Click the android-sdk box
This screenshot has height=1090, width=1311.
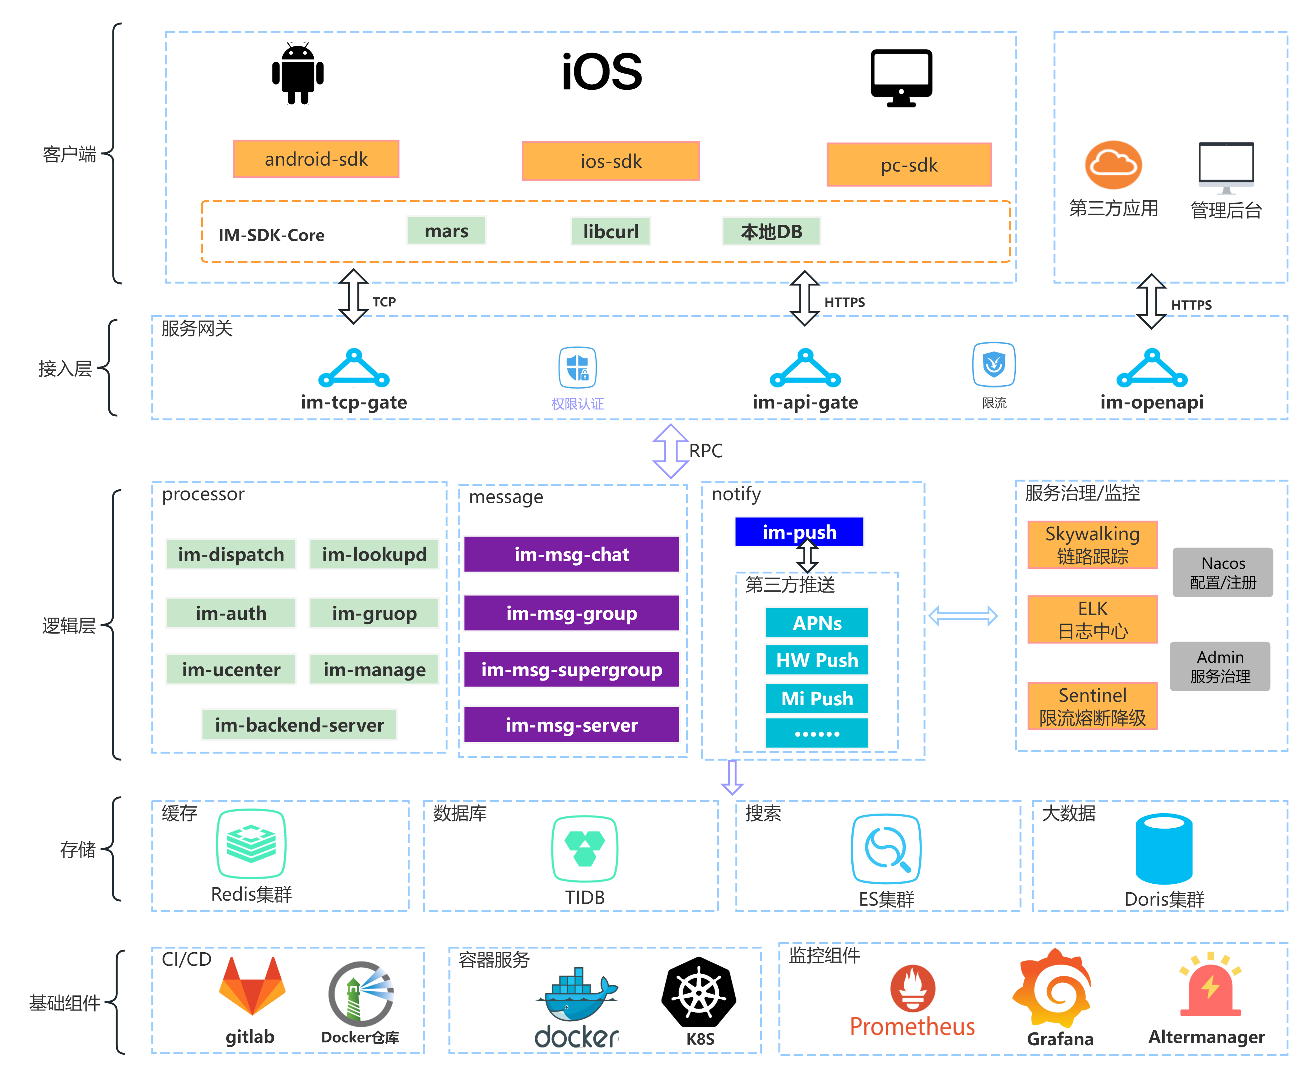point(316,159)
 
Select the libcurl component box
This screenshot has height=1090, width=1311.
point(611,232)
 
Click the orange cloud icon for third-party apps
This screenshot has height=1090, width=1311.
point(1113,165)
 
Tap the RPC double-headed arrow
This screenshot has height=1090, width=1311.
point(670,451)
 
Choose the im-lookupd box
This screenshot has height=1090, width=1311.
point(374,554)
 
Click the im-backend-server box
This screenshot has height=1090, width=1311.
point(299,725)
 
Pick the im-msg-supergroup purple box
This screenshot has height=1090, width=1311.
point(571,670)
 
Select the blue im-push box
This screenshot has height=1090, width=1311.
point(799,532)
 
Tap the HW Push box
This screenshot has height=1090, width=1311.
point(817,660)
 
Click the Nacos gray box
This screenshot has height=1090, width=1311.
point(1222,573)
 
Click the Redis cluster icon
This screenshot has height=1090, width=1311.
point(251,844)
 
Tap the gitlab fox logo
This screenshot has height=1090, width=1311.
point(252,986)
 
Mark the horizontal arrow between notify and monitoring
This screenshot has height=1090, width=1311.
point(963,616)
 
